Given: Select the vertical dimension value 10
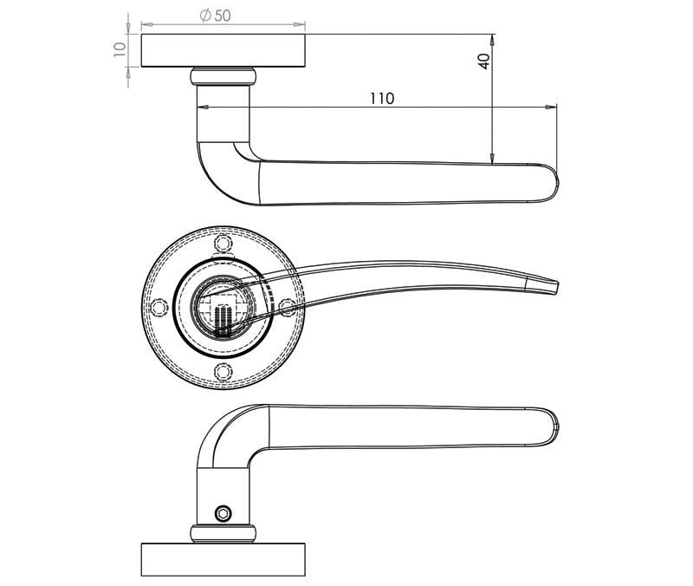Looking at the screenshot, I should tap(120, 50).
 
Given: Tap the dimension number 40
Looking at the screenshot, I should tap(483, 61).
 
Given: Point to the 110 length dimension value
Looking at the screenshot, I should tap(381, 99).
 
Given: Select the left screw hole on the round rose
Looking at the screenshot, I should tap(159, 308).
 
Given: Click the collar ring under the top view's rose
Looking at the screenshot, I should tap(223, 75).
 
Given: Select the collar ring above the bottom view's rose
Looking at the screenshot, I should tap(223, 531).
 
